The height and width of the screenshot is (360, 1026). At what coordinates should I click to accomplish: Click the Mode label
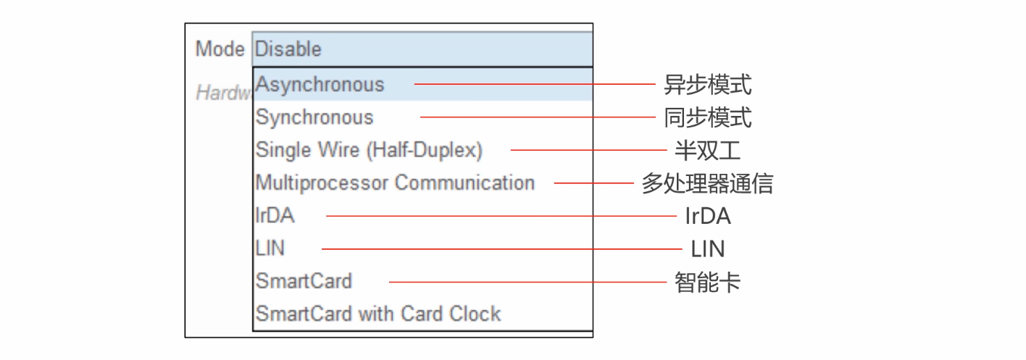(x=220, y=49)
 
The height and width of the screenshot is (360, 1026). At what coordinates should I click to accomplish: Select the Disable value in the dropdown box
(x=288, y=49)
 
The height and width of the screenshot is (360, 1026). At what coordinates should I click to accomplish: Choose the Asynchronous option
(x=320, y=84)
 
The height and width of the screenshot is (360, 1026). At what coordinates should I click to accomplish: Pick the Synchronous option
(x=314, y=117)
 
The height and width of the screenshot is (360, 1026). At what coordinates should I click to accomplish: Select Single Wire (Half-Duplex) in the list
(x=369, y=150)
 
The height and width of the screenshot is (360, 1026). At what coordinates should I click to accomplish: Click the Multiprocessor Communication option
(x=395, y=183)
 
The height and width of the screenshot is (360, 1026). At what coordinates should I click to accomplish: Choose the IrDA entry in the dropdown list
(x=275, y=216)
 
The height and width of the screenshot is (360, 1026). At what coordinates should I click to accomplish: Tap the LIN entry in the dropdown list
(x=270, y=248)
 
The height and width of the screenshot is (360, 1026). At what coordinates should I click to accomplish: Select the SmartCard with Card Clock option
(x=378, y=314)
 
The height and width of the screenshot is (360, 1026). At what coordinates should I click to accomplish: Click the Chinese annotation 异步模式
(x=708, y=85)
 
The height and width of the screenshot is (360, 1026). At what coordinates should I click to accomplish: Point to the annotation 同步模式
(x=708, y=117)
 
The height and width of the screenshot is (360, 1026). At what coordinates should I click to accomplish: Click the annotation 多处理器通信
(x=707, y=183)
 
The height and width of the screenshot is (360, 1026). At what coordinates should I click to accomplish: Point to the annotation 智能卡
(x=708, y=282)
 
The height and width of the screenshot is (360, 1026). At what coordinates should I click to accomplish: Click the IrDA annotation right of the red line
(x=708, y=216)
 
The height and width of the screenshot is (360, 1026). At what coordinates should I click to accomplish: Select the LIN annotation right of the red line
(x=708, y=249)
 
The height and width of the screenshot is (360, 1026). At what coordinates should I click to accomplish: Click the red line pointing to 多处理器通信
(x=594, y=183)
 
